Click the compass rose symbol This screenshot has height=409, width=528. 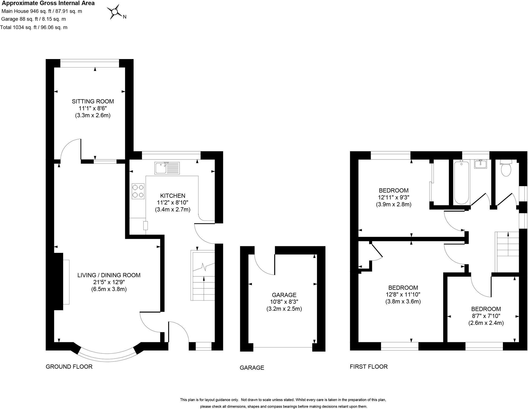point(115,12)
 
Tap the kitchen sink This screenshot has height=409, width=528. point(167,168)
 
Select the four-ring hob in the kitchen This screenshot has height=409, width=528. point(138,191)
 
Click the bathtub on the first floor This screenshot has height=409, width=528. point(461,182)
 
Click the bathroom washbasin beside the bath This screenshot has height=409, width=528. point(481,164)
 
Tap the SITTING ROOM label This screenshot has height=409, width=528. point(93,101)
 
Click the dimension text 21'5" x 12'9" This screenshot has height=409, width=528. point(109,282)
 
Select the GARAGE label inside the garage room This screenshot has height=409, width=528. point(284,295)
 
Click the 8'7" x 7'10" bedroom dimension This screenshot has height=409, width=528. point(486,316)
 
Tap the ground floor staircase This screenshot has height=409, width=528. point(203,276)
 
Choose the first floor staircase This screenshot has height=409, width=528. point(507,252)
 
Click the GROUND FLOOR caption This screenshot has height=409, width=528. point(69,367)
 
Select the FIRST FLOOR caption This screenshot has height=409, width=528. point(369,367)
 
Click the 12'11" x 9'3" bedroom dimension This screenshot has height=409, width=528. point(394,197)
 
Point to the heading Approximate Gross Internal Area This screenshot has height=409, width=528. point(48,3)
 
